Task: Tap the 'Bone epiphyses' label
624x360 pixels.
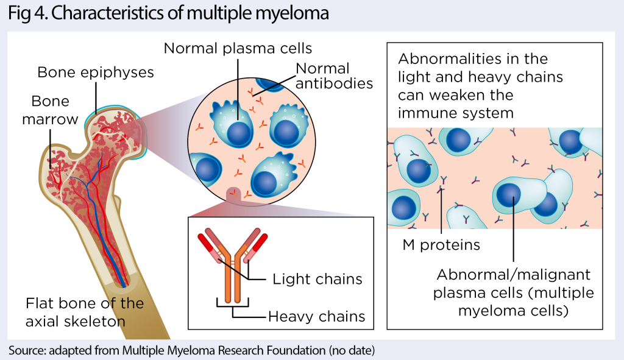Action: (96, 72)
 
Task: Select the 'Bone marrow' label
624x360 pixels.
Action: (50, 110)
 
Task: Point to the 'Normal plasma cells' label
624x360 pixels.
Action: (238, 48)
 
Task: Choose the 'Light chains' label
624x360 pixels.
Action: (317, 280)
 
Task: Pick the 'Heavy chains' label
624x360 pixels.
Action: (316, 316)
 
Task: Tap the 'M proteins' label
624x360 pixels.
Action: (441, 245)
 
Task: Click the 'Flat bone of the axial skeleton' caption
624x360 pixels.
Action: (84, 312)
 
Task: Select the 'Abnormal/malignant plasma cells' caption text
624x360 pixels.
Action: (513, 293)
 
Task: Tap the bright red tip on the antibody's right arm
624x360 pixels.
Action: (260, 242)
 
